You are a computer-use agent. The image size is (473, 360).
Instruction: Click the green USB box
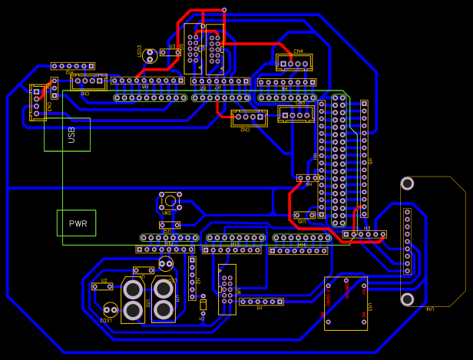tap(67, 134)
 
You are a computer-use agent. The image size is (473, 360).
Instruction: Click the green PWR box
tap(77, 223)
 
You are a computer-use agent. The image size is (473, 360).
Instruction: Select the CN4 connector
tap(294, 62)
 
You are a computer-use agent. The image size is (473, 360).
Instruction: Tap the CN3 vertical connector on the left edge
tap(38, 102)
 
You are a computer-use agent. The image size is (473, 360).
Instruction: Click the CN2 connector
tap(249, 117)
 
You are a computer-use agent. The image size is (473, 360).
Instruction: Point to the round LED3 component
tap(150, 55)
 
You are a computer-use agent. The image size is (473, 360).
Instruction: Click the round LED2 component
tap(165, 264)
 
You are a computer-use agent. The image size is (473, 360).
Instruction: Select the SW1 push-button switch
tap(170, 202)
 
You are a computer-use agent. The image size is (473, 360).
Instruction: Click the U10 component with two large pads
tap(133, 300)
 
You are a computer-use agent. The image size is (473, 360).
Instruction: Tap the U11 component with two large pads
tap(164, 299)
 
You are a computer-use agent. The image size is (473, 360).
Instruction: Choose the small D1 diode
tap(203, 305)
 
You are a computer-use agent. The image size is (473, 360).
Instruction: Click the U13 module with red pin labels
tap(346, 303)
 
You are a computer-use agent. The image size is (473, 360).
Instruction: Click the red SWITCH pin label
tap(329, 295)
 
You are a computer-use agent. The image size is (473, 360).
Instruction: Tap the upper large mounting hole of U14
tap(408, 183)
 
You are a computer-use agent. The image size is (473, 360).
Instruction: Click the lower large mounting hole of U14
tap(408, 299)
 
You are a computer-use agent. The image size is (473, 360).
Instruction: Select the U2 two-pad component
tap(102, 286)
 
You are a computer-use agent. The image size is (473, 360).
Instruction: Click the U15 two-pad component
tap(305, 215)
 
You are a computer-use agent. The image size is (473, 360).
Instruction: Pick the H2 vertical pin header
tap(192, 277)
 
